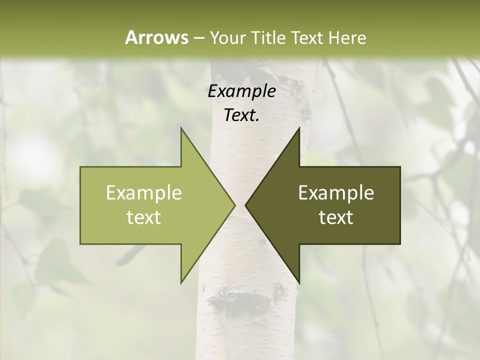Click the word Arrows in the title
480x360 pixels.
[156, 37]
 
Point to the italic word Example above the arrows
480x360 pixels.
[242, 91]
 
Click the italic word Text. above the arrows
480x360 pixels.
[242, 115]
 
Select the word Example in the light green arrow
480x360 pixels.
[144, 192]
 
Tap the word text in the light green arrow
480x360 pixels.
[144, 217]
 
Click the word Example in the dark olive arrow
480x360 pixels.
[336, 192]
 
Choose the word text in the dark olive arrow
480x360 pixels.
[336, 217]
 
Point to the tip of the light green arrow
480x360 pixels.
[234, 205]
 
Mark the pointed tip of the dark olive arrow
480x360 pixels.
[245, 205]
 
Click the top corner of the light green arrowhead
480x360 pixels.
[181, 128]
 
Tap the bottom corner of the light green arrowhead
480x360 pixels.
[181, 282]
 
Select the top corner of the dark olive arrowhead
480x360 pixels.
[299, 128]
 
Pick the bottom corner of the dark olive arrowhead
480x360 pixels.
[299, 282]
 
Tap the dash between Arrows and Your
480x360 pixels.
[198, 38]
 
